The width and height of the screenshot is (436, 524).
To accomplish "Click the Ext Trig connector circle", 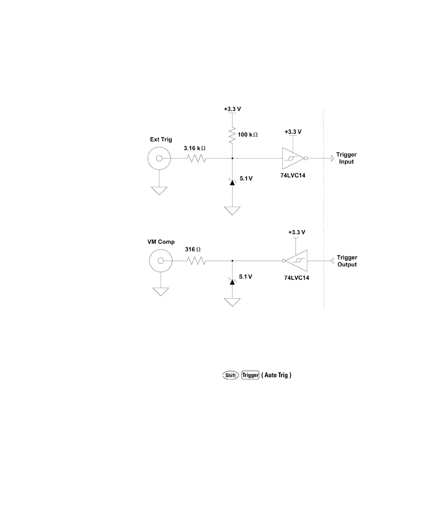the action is pos(159,158).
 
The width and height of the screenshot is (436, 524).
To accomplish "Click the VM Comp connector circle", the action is pos(160,261).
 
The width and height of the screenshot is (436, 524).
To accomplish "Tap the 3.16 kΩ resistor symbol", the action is pos(197,158).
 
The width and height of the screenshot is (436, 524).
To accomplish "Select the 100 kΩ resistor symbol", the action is pos(232,135).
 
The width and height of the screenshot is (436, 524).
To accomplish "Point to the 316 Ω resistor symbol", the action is pos(197,261).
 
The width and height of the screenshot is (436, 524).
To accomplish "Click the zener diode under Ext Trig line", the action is pos(232,182).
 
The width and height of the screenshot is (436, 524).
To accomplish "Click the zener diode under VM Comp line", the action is pos(232,280).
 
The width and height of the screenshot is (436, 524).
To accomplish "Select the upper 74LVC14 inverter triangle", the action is pos(293,158).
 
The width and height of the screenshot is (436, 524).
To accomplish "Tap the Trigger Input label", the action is pos(346,158).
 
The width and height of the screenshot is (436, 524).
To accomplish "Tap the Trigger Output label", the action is pos(347,261).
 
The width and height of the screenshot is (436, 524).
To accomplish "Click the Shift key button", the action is pos(230,375).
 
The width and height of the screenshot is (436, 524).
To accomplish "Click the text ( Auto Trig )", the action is pos(277,375).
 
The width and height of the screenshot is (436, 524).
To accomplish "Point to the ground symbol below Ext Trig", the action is pos(159,190).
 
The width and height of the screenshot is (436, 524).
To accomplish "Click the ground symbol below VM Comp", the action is pos(160,292).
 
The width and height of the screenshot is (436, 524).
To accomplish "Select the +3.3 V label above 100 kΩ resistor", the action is pos(233,109).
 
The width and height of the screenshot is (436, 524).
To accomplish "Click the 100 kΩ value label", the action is pos(247,135).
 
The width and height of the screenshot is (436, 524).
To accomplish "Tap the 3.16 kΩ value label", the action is pos(195,148).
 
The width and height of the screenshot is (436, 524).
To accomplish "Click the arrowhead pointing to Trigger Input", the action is pos(332,158).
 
